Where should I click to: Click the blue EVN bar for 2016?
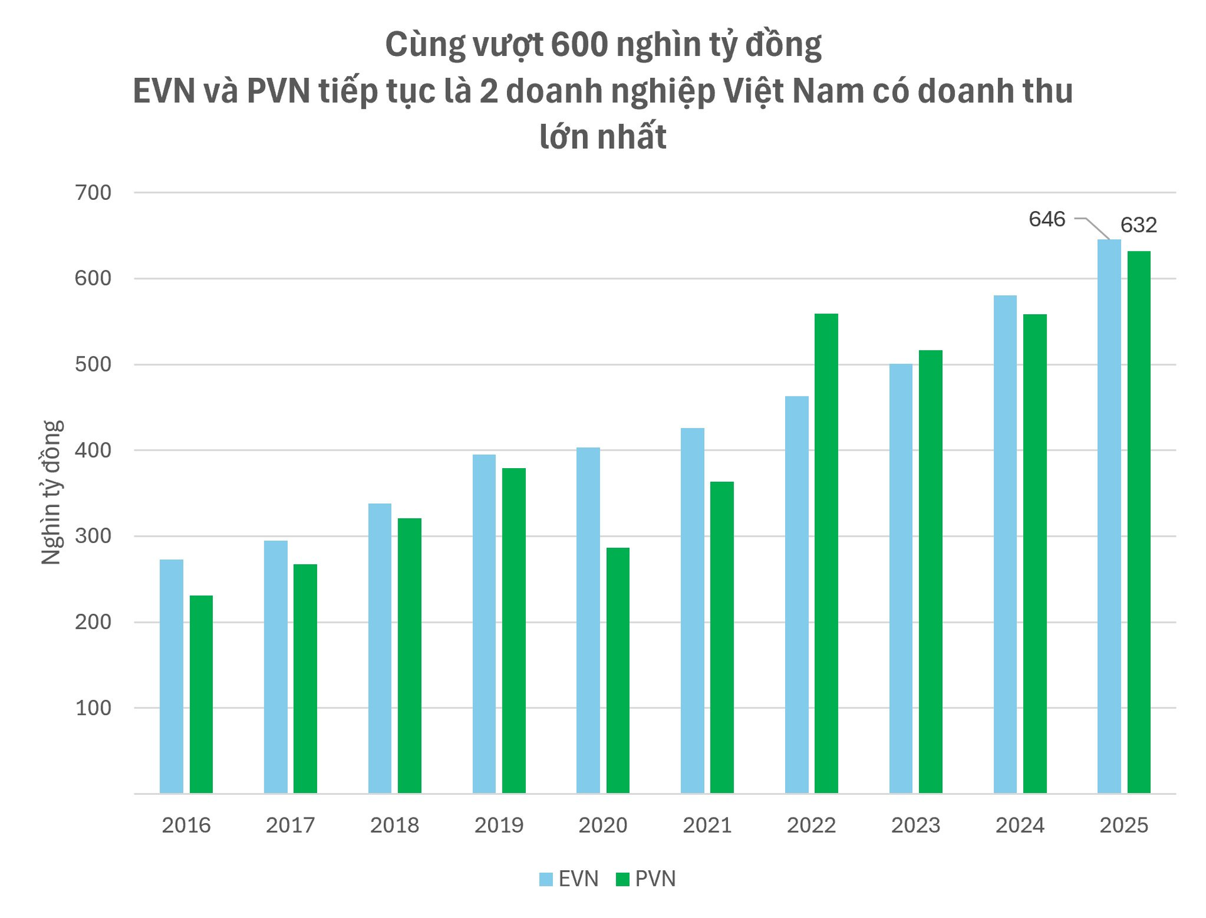pos(171,676)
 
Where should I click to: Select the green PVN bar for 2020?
pos(618,670)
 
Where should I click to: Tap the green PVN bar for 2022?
pos(826,554)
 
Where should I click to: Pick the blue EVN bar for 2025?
pos(1109,516)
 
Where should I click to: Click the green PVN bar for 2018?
pos(410,656)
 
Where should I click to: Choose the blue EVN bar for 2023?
pos(901,579)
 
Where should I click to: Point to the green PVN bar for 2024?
pos(1035,554)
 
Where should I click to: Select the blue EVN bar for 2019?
pos(484,624)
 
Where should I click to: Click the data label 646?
pos(1046,219)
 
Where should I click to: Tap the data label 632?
pos(1138,225)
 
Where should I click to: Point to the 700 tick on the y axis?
pos(93,193)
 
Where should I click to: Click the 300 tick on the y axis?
pos(93,536)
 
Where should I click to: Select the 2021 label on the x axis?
pos(707,825)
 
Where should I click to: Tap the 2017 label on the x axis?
pos(290,825)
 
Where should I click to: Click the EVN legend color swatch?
pos(545,879)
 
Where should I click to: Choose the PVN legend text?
pos(655,879)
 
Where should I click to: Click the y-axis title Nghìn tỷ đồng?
pos(52,493)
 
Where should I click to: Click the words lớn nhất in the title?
pos(603,137)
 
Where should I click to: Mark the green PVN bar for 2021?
pos(722,638)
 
